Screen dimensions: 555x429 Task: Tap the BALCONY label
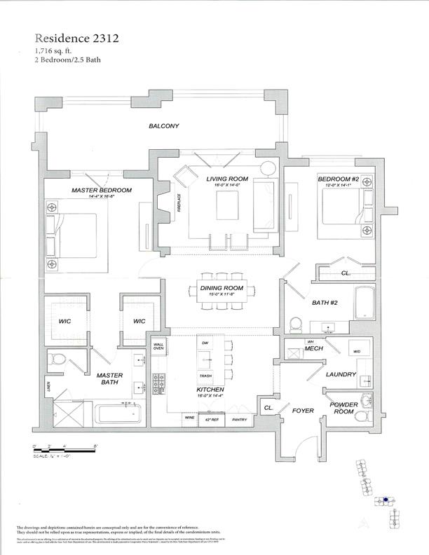pyautogui.click(x=163, y=127)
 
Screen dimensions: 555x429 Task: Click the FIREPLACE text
pyautogui.click(x=179, y=208)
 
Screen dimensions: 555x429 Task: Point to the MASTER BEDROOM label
pyautogui.click(x=102, y=191)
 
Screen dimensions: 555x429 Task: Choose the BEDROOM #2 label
pyautogui.click(x=339, y=180)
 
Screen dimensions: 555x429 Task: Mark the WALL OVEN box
pyautogui.click(x=159, y=346)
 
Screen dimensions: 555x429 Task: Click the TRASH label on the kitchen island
pyautogui.click(x=205, y=376)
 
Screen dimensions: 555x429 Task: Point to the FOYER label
pyautogui.click(x=303, y=411)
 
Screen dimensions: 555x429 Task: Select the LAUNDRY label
pyautogui.click(x=341, y=375)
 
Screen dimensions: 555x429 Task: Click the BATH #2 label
pyautogui.click(x=326, y=303)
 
